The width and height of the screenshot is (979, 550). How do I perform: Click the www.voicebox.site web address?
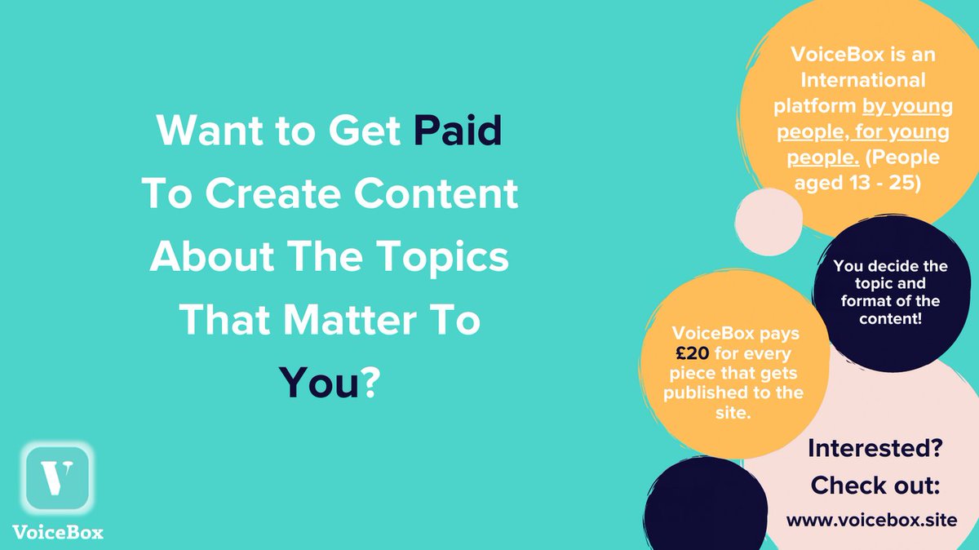[x=871, y=519]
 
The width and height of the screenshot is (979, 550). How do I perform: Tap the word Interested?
[x=875, y=448]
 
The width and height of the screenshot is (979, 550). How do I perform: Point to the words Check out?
[x=875, y=486]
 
